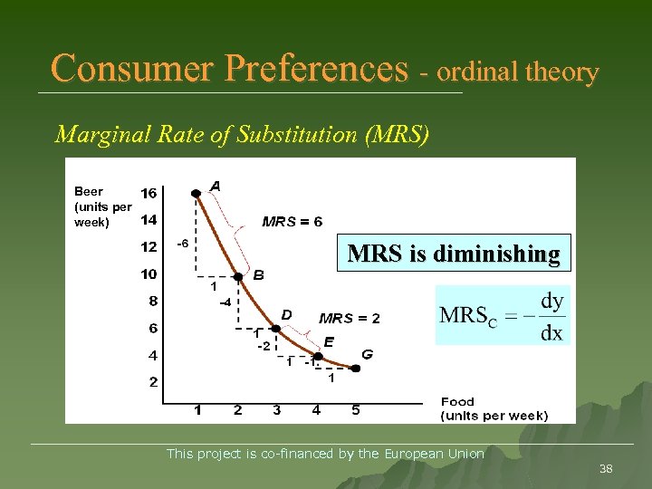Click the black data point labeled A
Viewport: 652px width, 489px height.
[x=196, y=193]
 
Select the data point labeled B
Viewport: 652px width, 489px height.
[x=238, y=277]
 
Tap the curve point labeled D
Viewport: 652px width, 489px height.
[x=276, y=328]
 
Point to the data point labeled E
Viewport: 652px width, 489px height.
[x=317, y=356]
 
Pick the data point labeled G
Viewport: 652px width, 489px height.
[x=355, y=369]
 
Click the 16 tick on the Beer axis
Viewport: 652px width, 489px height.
[x=149, y=193]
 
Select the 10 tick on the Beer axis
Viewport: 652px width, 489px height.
[x=149, y=273]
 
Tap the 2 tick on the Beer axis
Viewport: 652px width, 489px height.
[x=153, y=382]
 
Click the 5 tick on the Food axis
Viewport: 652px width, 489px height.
[x=355, y=410]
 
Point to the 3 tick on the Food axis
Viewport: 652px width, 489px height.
[x=276, y=410]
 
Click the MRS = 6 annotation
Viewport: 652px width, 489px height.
[x=292, y=221]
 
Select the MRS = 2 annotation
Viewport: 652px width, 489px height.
[x=350, y=318]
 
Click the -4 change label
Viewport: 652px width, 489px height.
[x=225, y=302]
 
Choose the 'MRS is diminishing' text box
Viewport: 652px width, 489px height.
[x=454, y=253]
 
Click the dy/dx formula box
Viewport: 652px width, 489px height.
[x=502, y=315]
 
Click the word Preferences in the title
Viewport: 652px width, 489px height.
[x=317, y=69]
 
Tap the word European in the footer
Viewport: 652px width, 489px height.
[x=416, y=454]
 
